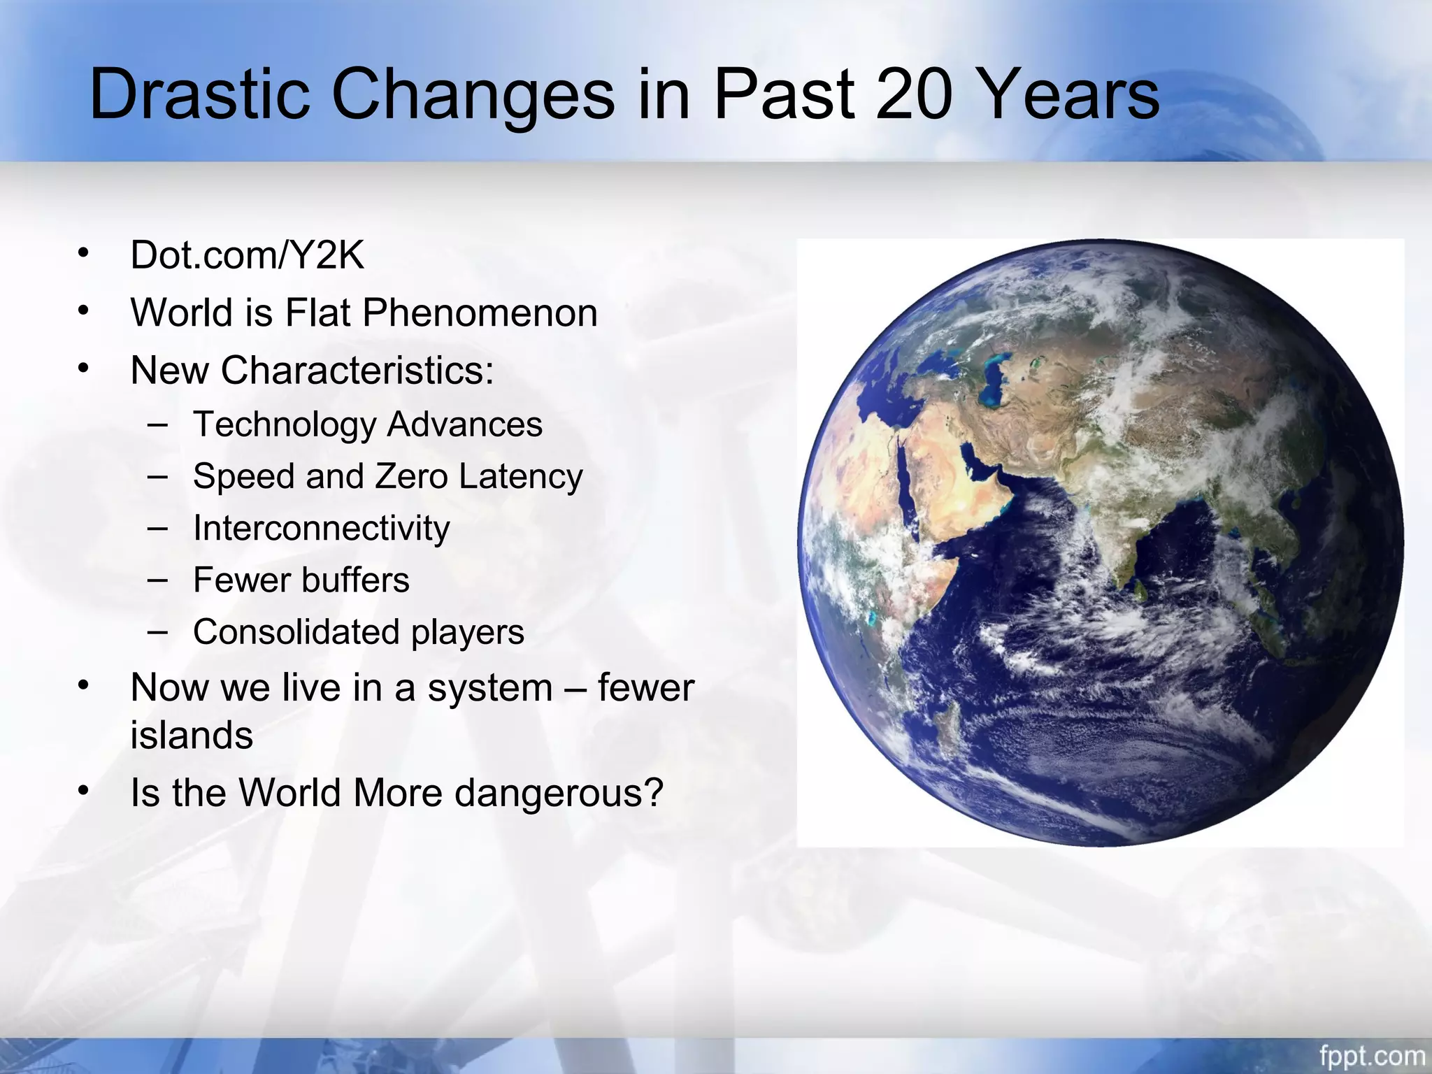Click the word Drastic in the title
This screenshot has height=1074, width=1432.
pos(199,94)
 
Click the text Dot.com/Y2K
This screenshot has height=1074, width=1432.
pos(247,255)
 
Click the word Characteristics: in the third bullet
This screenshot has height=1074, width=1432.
pos(357,370)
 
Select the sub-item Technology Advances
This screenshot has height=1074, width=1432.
pos(368,424)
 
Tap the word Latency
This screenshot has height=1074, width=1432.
pos(521,476)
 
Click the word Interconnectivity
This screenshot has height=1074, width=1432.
pos(322,528)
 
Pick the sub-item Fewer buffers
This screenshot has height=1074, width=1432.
pos(301,580)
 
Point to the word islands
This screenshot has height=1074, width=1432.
pos(192,736)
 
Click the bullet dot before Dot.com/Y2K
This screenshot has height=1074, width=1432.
pos(84,252)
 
